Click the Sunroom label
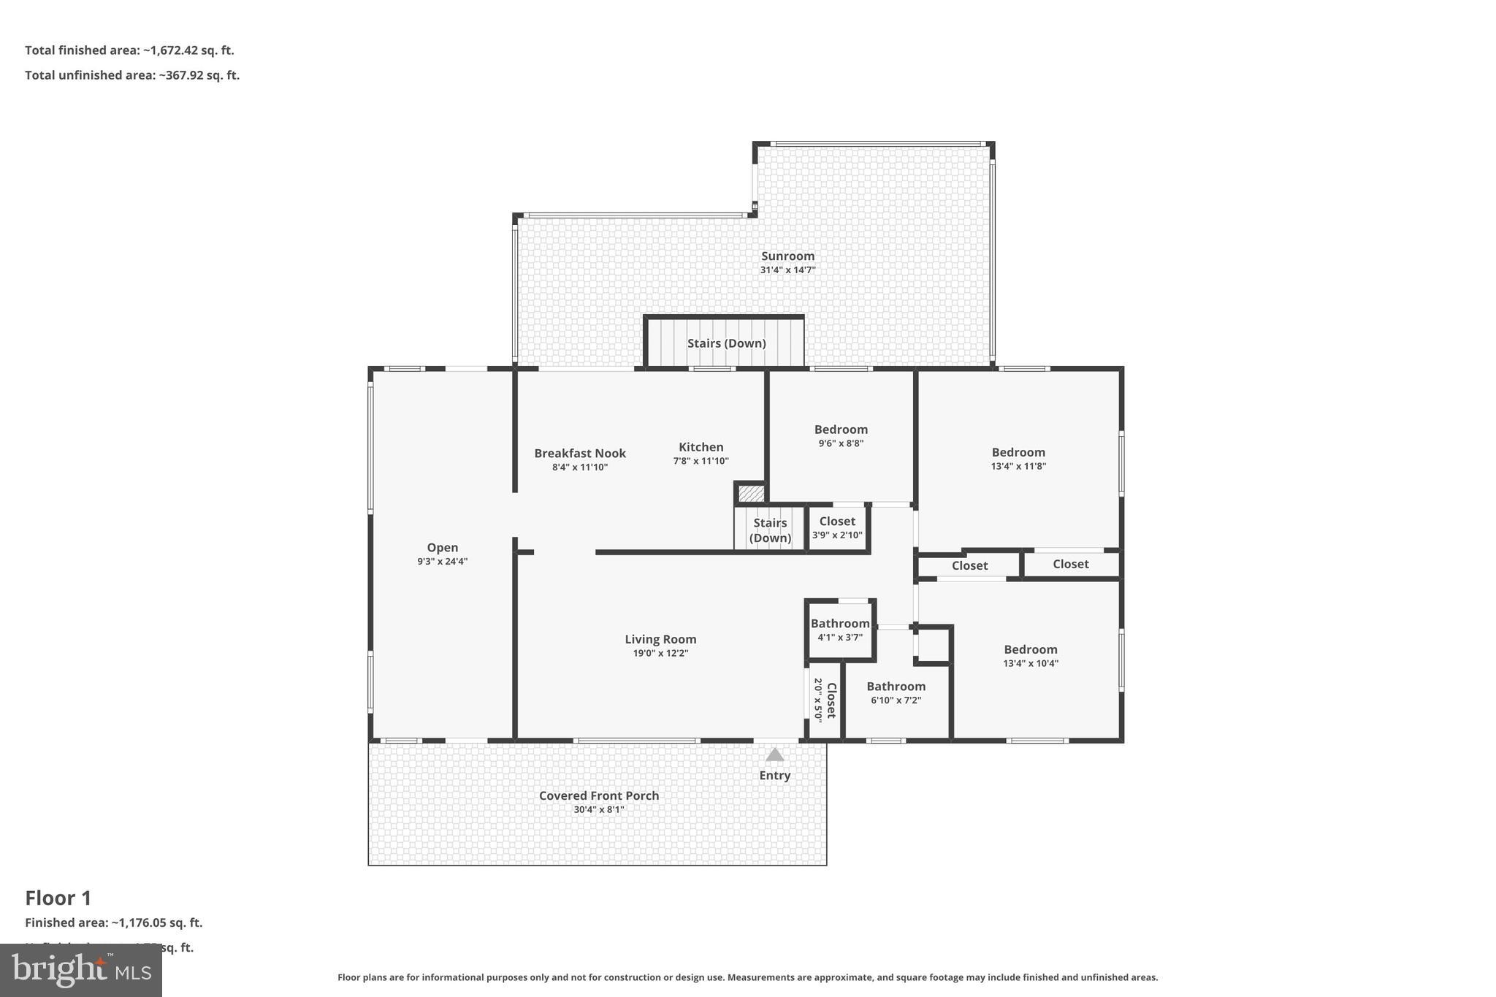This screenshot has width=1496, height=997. pos(787,256)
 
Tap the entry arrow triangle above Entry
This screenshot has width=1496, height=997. pos(774,755)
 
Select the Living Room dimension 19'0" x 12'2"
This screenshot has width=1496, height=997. pos(660,653)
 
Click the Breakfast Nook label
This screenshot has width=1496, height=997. pos(580,453)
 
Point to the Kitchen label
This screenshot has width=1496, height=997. pos(701,447)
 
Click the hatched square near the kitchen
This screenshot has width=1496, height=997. pos(751,494)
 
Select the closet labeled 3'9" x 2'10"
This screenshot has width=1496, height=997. pos(837,527)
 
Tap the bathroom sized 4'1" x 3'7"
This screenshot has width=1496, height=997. pos(840,629)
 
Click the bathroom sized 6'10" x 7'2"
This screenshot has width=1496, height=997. pos(896,692)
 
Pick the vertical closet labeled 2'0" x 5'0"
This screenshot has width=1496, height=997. pos(825,700)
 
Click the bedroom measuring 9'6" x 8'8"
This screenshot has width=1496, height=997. pos(841,435)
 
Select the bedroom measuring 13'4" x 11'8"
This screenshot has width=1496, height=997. pos(1018,458)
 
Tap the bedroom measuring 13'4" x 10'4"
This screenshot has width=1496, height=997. pos(1030,655)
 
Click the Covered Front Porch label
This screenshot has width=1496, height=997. pos(599,795)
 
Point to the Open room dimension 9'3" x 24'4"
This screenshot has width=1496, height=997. pos(443,561)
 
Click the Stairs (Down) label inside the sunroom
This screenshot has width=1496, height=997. pos(726,343)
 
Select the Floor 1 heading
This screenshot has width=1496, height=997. pos(58,898)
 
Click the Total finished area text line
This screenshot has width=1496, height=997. pos(129,50)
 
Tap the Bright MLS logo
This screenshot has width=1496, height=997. pos(81,970)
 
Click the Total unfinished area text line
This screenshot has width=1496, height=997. pos(132,75)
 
